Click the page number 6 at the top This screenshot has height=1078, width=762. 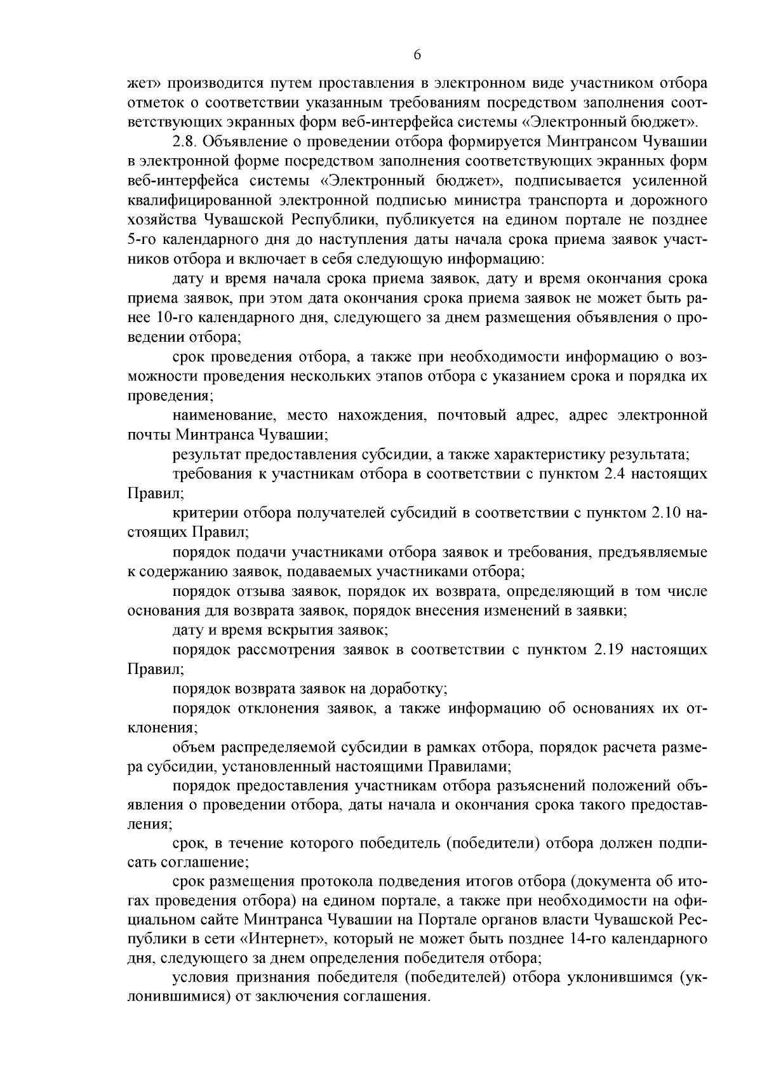point(417,55)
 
